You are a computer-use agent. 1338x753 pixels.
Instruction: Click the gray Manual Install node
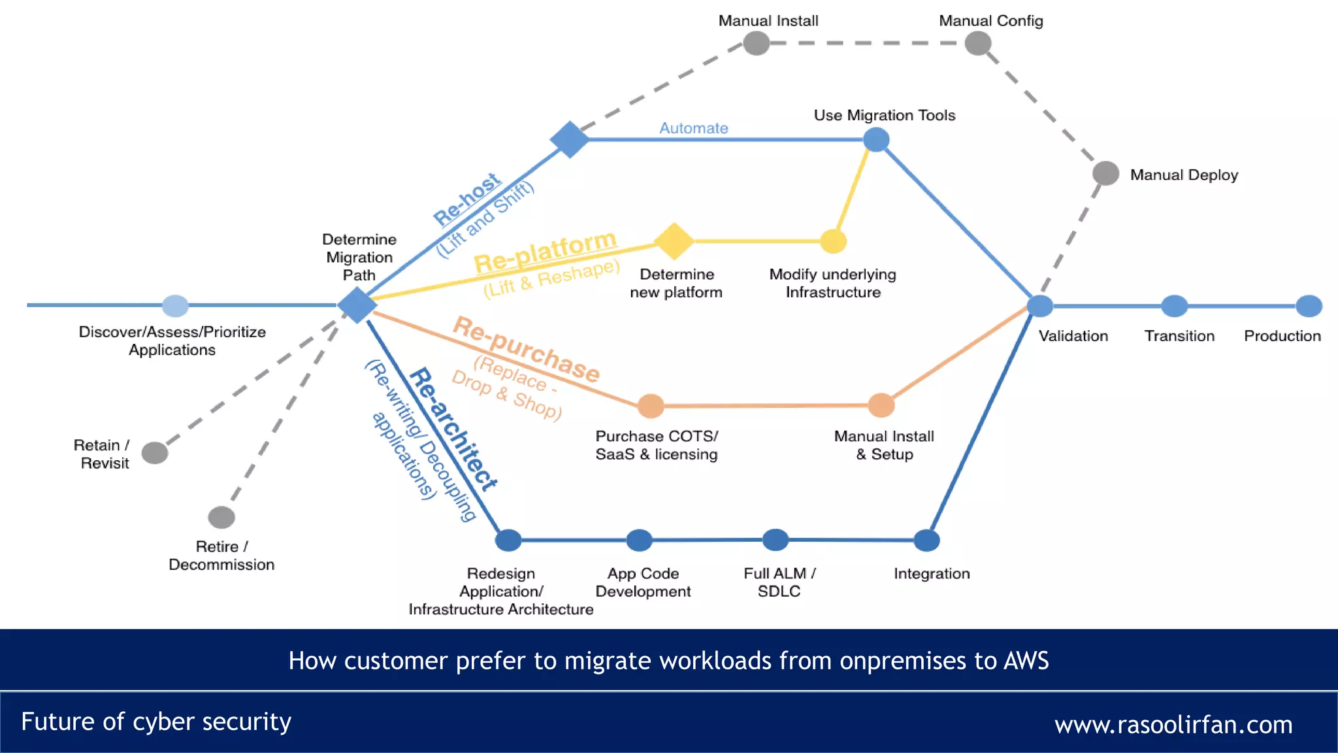pyautogui.click(x=757, y=44)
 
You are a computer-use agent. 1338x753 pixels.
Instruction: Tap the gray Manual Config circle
pyautogui.click(x=978, y=44)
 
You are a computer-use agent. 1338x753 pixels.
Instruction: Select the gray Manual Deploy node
pyautogui.click(x=1105, y=173)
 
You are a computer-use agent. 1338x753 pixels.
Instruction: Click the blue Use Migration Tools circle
pyautogui.click(x=876, y=139)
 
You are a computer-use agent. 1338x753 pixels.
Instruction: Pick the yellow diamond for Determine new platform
pyautogui.click(x=674, y=241)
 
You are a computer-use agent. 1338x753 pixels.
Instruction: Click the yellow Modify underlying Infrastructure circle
pyautogui.click(x=833, y=241)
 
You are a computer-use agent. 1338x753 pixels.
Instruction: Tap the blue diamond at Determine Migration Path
pyautogui.click(x=357, y=305)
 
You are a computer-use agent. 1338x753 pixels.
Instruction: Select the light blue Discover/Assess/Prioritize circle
pyautogui.click(x=175, y=305)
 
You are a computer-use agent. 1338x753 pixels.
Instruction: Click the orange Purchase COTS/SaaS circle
pyautogui.click(x=651, y=406)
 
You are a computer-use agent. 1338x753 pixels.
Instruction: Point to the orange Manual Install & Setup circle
pyautogui.click(x=881, y=405)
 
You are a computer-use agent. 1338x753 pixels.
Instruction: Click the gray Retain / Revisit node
pyautogui.click(x=155, y=452)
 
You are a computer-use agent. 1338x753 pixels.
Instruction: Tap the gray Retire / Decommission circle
pyautogui.click(x=221, y=517)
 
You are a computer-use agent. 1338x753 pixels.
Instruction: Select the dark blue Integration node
pyautogui.click(x=926, y=541)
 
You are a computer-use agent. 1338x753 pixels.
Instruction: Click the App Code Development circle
pyautogui.click(x=639, y=541)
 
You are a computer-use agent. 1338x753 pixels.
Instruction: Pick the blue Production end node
pyautogui.click(x=1309, y=306)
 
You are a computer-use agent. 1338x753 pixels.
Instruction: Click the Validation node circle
pyautogui.click(x=1039, y=305)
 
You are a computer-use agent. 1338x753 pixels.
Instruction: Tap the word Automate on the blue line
pyautogui.click(x=693, y=128)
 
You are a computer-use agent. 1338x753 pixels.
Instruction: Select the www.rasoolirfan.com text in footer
pyautogui.click(x=1173, y=724)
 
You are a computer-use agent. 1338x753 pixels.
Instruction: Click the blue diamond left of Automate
pyautogui.click(x=570, y=139)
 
